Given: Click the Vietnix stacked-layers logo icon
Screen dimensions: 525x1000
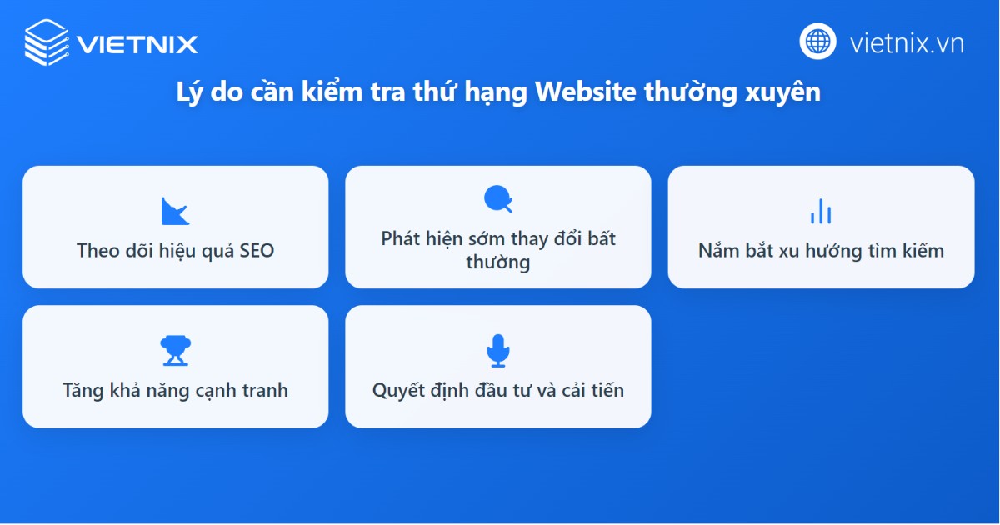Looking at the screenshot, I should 47,42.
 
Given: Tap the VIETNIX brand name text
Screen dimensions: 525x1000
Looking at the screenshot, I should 137,43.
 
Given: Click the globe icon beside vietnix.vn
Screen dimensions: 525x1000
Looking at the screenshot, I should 817,42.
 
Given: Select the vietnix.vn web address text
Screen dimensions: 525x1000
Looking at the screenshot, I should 907,42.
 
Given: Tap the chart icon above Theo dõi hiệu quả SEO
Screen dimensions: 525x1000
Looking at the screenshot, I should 175,211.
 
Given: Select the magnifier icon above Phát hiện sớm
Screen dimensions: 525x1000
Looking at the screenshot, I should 497,199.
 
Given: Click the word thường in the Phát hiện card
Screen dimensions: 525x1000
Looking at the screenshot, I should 497,262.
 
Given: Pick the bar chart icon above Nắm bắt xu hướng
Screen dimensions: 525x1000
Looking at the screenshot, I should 821,211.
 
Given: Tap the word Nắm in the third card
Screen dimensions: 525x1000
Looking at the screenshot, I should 718,250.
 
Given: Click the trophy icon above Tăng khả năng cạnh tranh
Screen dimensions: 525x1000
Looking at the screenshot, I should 175,351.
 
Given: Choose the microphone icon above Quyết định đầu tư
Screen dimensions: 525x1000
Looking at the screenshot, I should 497,351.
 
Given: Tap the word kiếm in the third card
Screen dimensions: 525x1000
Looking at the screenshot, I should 921,250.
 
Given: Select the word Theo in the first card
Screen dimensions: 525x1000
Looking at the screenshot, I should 98,250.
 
